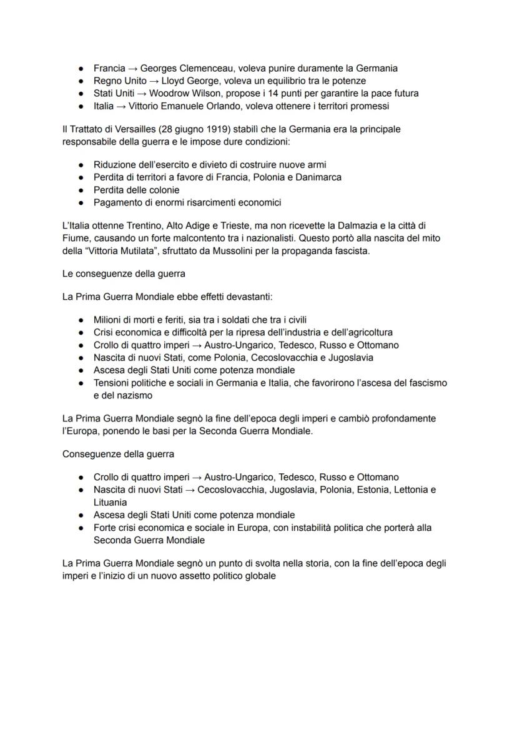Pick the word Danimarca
pos(318,177)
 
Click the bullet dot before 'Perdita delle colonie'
pos(81,190)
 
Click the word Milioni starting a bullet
pos(109,320)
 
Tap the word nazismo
pos(132,395)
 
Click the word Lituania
pos(111,502)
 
